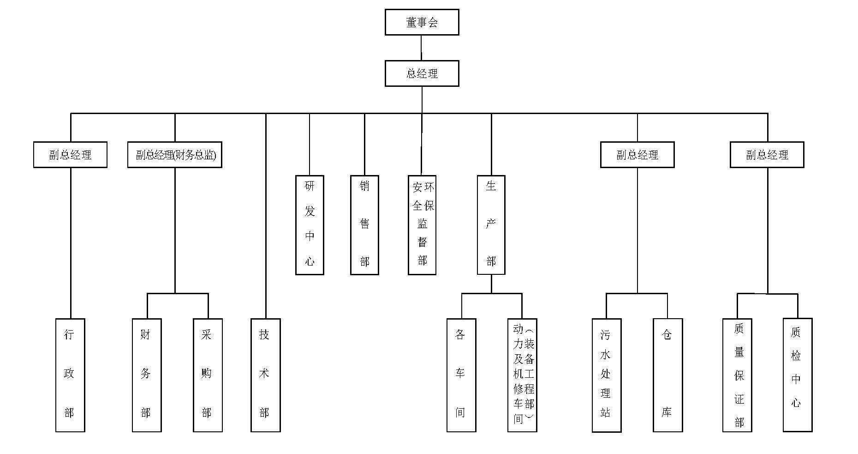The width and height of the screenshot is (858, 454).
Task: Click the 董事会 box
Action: [x=422, y=22]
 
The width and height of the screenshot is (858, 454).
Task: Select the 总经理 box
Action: [x=422, y=73]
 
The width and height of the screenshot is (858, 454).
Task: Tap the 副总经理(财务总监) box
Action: [x=174, y=155]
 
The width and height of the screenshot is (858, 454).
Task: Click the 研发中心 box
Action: [x=310, y=225]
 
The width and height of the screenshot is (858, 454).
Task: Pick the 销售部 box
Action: [x=364, y=225]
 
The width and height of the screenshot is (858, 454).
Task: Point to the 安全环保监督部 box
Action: [x=422, y=225]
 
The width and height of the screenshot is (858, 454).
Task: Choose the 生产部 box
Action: [x=491, y=225]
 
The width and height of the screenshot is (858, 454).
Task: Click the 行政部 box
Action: [x=70, y=375]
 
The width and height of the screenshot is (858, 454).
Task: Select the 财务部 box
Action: [x=147, y=375]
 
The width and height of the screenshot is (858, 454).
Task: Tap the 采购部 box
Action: [x=208, y=375]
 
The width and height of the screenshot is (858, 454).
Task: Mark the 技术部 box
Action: [x=265, y=375]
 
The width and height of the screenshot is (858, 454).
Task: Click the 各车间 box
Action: [x=461, y=375]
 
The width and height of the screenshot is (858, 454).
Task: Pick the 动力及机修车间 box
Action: [x=522, y=375]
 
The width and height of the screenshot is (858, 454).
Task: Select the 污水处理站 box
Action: [x=607, y=375]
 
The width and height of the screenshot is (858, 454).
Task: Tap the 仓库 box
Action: [x=667, y=375]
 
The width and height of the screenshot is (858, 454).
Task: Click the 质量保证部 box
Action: [x=737, y=375]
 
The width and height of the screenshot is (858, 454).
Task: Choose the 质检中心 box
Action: [x=798, y=375]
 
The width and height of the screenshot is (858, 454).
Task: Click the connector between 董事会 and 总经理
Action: [x=422, y=48]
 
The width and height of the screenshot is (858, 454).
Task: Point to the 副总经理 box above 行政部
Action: [x=70, y=155]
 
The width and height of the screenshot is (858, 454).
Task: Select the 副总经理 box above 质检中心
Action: [x=767, y=155]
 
